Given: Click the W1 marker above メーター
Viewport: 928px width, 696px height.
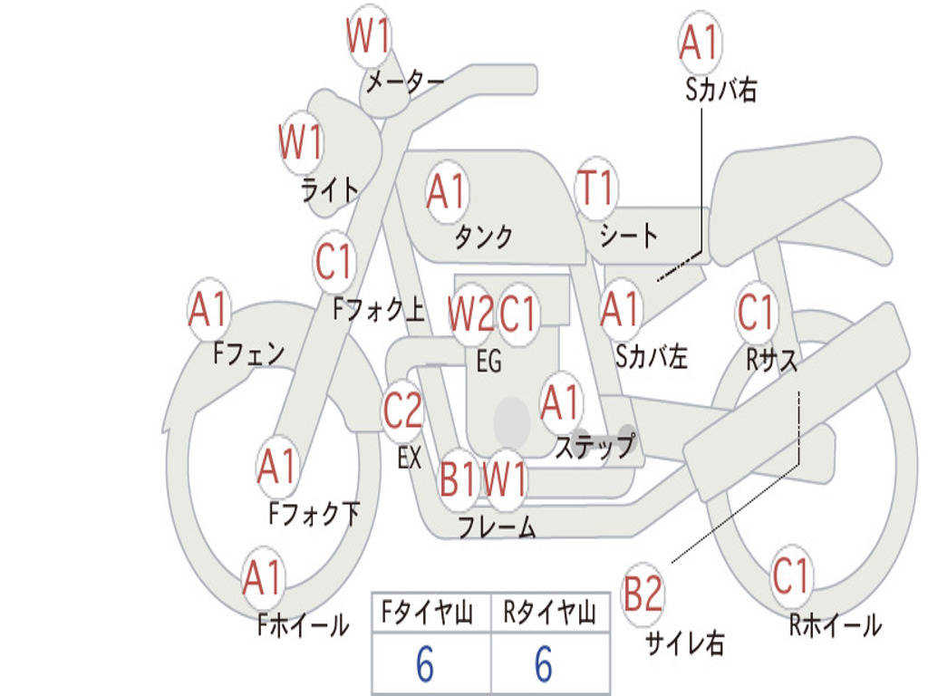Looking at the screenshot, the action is tap(368, 36).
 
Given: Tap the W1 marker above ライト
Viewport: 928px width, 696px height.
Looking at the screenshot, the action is tap(301, 142).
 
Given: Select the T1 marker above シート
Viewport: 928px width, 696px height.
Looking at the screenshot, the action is tap(596, 188).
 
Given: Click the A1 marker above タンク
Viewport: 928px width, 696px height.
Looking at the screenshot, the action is tap(447, 192).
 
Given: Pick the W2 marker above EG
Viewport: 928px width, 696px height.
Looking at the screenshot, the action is tap(470, 313).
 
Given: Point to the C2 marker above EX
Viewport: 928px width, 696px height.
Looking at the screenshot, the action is tap(403, 411).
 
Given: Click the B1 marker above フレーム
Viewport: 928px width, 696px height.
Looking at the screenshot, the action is tap(458, 478).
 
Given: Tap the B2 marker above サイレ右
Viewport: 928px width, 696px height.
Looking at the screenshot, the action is tap(643, 594).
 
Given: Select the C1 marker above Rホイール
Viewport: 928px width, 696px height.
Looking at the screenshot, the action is tap(790, 575).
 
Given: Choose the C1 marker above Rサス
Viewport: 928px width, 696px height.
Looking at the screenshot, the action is tap(757, 312).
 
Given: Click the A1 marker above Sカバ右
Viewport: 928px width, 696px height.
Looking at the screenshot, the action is tap(701, 43).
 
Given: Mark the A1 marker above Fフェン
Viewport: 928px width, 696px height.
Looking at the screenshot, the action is tap(209, 309).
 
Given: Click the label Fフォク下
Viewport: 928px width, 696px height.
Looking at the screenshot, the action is tap(314, 514).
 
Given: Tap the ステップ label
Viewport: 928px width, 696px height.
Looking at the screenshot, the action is tap(595, 446).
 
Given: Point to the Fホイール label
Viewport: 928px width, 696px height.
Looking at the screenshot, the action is tap(304, 625).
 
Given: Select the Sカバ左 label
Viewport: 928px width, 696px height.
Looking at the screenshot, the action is tap(652, 356).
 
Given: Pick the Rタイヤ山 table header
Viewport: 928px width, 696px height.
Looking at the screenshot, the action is tap(550, 613).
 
